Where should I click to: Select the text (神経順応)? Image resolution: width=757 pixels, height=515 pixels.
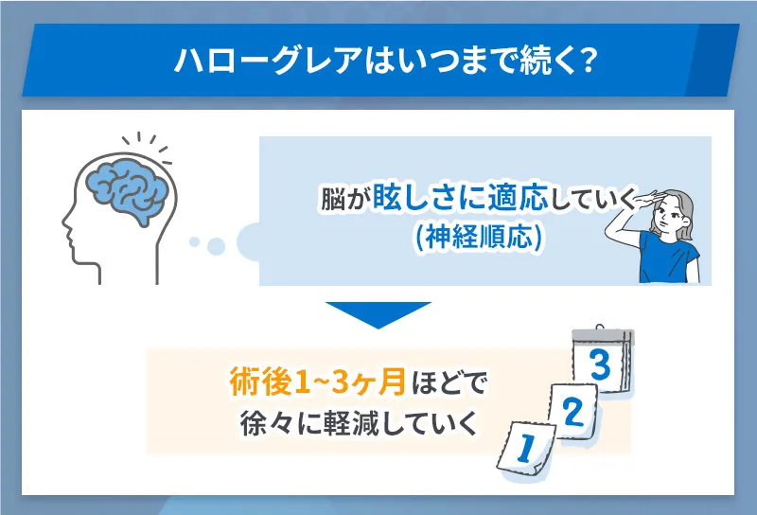(479, 239)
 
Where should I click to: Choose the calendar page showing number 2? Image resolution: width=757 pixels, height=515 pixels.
(570, 412)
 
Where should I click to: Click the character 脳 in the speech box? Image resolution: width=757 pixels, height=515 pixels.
(332, 201)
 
